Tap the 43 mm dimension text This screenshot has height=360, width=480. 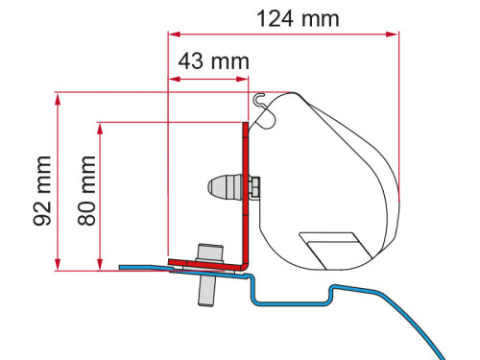click(x=210, y=60)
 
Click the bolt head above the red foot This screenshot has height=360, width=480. click(x=208, y=251)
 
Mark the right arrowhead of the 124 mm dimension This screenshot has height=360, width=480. click(x=394, y=34)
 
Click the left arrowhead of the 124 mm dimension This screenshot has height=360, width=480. click(x=173, y=34)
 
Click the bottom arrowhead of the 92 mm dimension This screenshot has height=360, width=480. click(x=60, y=265)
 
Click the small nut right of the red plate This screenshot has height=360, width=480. click(x=255, y=188)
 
